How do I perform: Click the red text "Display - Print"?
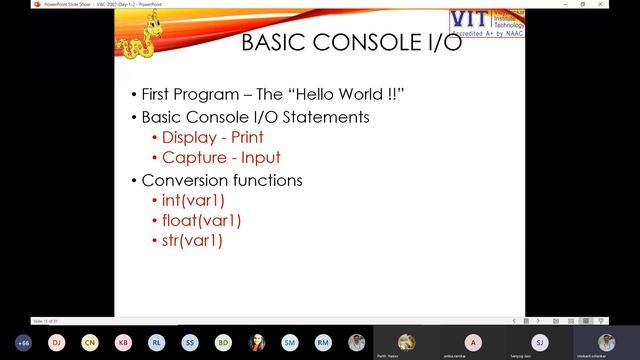click(x=212, y=138)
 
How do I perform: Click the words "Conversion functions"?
click(x=222, y=180)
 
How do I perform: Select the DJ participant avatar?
click(x=57, y=342)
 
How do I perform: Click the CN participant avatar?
click(x=90, y=342)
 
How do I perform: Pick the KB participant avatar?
click(x=123, y=342)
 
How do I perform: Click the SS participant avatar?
click(x=190, y=342)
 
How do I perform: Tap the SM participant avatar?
click(x=290, y=342)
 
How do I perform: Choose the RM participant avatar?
click(x=323, y=342)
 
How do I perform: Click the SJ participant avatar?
click(x=540, y=341)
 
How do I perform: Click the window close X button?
click(x=630, y=4)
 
